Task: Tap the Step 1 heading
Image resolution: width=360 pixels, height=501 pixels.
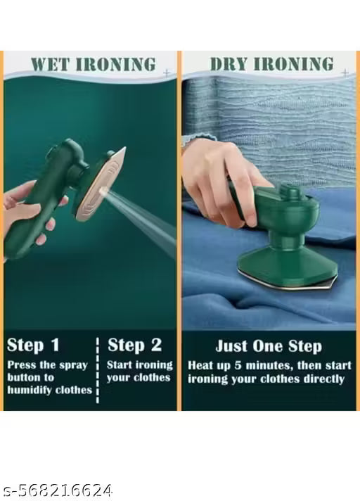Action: [x=33, y=345]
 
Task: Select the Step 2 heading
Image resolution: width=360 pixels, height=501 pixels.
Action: [x=135, y=345]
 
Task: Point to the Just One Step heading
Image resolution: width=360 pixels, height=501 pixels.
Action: [x=269, y=346]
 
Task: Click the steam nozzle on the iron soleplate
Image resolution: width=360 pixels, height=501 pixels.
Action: [x=103, y=191]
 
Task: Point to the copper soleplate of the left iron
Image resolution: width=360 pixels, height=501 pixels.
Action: [x=101, y=184]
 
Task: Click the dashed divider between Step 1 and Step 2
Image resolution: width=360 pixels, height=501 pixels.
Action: [x=97, y=370]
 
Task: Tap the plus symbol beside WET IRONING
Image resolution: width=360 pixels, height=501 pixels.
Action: [x=167, y=73]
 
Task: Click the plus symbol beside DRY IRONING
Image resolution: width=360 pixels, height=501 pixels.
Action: [x=345, y=73]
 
